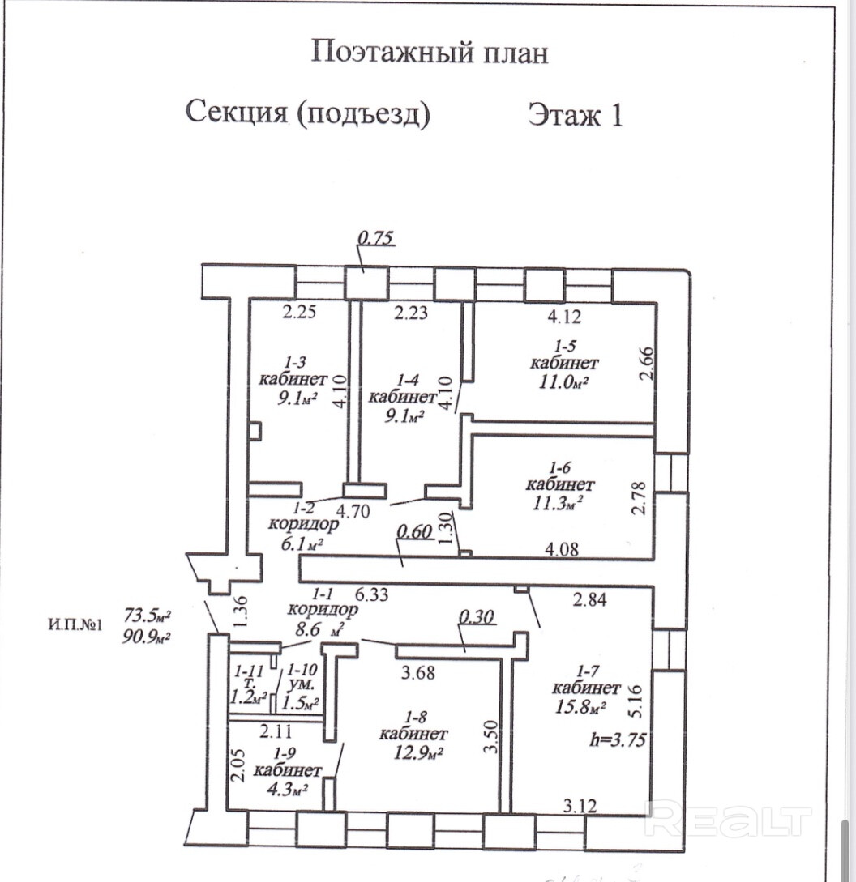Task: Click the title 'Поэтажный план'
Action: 430,53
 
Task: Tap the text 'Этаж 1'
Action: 576,114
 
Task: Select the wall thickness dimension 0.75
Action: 375,238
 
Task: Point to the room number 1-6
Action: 560,467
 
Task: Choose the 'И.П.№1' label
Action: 75,624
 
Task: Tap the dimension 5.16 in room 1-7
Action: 635,701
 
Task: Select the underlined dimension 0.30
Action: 477,616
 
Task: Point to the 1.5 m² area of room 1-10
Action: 303,702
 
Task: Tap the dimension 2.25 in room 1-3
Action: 299,312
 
